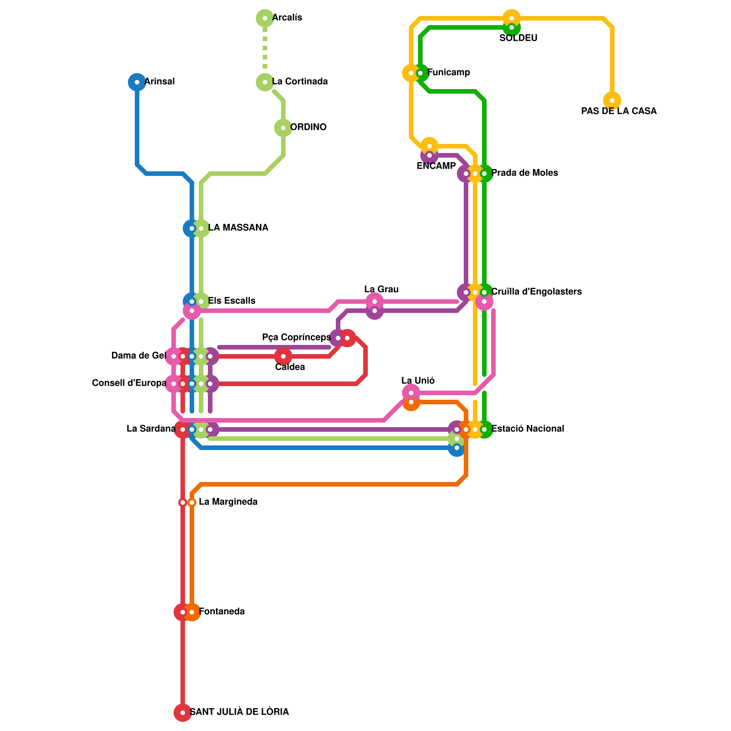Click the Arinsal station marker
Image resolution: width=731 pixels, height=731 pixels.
[x=137, y=82]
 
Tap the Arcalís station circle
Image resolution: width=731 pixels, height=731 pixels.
[x=265, y=18]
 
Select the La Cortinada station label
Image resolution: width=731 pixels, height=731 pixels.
[x=300, y=82]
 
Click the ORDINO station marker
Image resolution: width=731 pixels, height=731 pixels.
[x=283, y=128]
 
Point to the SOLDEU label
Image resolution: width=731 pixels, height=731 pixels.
[x=518, y=38]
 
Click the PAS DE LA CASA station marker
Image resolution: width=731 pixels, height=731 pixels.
[x=612, y=101]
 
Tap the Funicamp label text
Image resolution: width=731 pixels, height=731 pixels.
[x=449, y=73]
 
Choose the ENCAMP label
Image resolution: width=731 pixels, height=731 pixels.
[x=436, y=166]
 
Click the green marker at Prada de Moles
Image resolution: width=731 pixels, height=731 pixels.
[x=484, y=174]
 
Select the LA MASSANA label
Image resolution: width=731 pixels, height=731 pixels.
[x=238, y=228]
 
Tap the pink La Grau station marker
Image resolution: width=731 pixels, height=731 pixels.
[x=375, y=302]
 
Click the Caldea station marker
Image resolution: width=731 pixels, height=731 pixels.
[x=283, y=356]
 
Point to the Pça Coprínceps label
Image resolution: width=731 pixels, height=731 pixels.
[x=296, y=338]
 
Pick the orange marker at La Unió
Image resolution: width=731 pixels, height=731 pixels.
[x=411, y=402]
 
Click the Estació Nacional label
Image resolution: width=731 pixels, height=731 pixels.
[x=527, y=429]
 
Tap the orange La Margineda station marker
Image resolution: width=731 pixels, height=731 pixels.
[x=192, y=503]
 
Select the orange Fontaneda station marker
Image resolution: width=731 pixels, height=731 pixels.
[x=192, y=612]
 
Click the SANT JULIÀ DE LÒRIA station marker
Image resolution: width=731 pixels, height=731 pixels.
[x=183, y=713]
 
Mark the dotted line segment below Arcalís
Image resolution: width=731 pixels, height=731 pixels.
[x=265, y=50]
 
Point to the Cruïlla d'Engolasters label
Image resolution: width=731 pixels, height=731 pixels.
[x=536, y=292]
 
